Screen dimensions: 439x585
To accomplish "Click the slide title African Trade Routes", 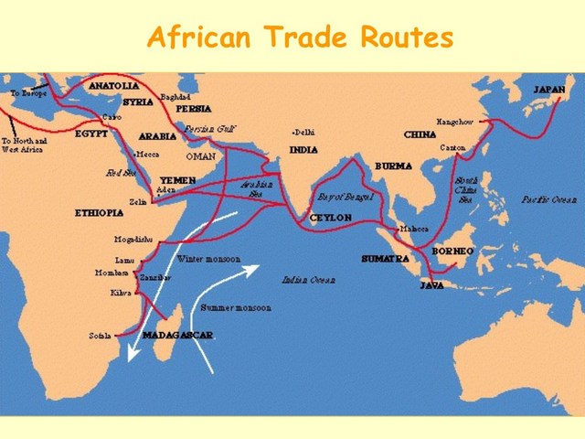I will click(x=301, y=37).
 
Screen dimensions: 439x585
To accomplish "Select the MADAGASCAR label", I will click(x=178, y=336).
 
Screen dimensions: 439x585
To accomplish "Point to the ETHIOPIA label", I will click(x=99, y=212).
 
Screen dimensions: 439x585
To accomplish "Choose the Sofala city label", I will click(x=101, y=336).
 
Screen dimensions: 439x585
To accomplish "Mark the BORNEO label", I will click(x=452, y=251).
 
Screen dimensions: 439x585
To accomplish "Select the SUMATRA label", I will click(x=385, y=259).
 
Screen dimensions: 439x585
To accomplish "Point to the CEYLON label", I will click(x=331, y=218).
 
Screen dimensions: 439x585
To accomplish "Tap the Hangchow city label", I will click(x=455, y=120).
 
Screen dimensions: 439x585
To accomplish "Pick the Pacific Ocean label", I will click(x=546, y=198).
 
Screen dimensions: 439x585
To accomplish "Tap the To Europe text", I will click(x=28, y=93).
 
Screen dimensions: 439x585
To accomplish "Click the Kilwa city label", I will click(x=120, y=293).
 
